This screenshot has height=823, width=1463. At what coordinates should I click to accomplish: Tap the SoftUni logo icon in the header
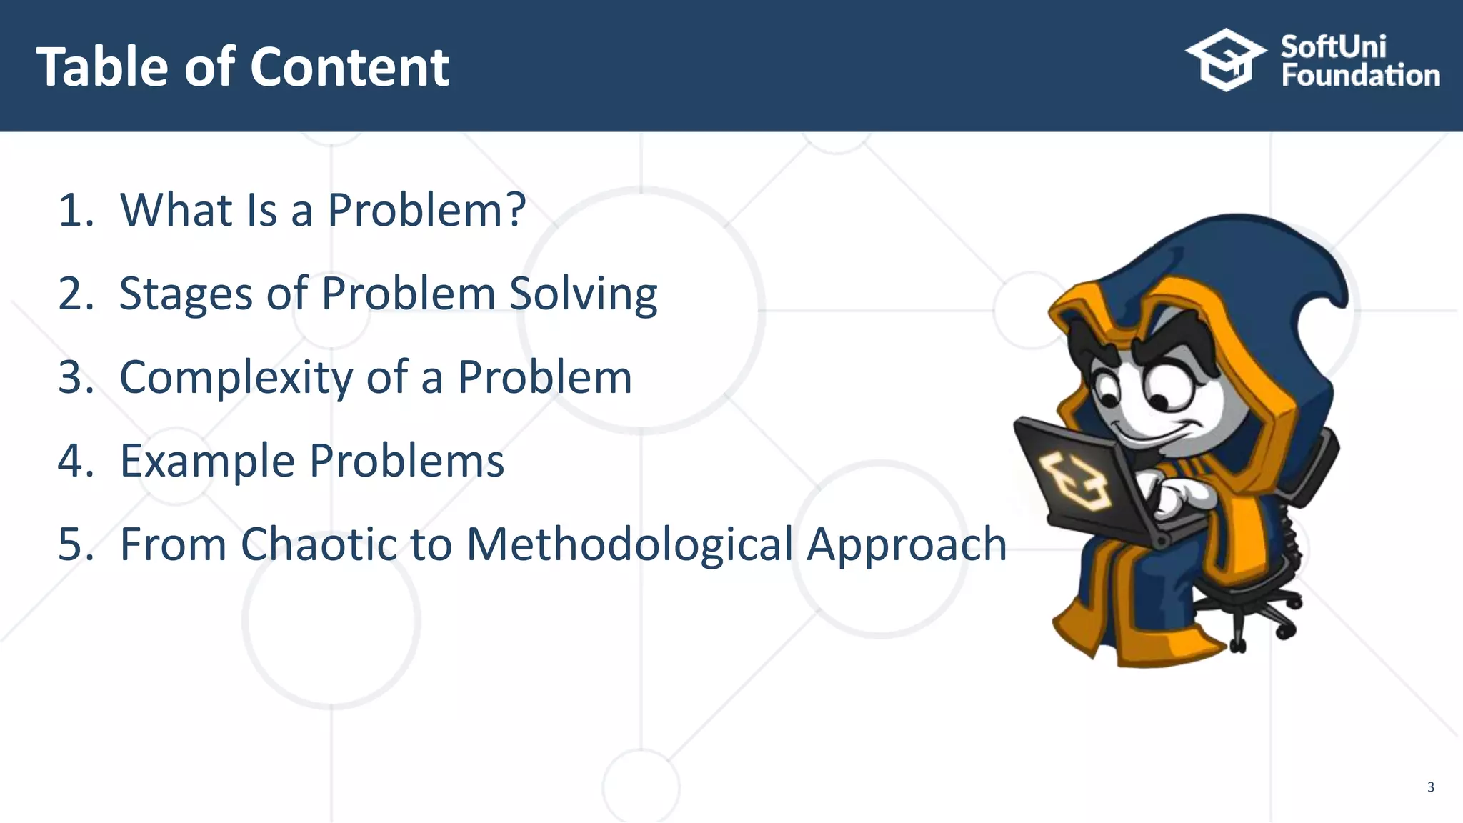tap(1224, 60)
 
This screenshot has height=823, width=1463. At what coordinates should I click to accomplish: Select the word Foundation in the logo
tap(1360, 76)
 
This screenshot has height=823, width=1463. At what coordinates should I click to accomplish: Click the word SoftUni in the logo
tap(1333, 46)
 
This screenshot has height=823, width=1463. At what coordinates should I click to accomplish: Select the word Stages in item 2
tap(186, 294)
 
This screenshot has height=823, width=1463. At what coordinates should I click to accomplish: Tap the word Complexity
tap(236, 377)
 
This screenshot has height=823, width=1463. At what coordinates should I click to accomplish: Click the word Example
tap(207, 460)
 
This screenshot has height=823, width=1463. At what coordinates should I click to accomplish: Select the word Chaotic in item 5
tap(317, 544)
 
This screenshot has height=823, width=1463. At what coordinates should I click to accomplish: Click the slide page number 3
tap(1430, 787)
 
